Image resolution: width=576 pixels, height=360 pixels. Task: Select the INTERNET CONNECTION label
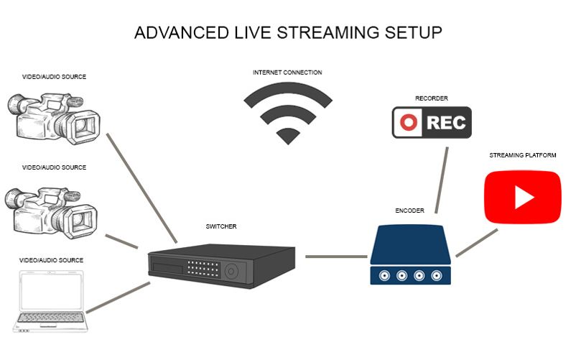tap(287, 73)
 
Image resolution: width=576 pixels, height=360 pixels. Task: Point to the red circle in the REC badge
tap(409, 122)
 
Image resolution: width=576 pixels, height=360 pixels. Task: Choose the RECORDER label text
tap(431, 98)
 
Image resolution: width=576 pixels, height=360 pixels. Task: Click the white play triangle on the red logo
tap(523, 196)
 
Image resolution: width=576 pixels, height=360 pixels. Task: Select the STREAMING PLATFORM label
tap(523, 155)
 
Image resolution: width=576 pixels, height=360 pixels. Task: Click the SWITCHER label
tap(221, 227)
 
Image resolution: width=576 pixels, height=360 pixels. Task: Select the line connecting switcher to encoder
tap(335, 256)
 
